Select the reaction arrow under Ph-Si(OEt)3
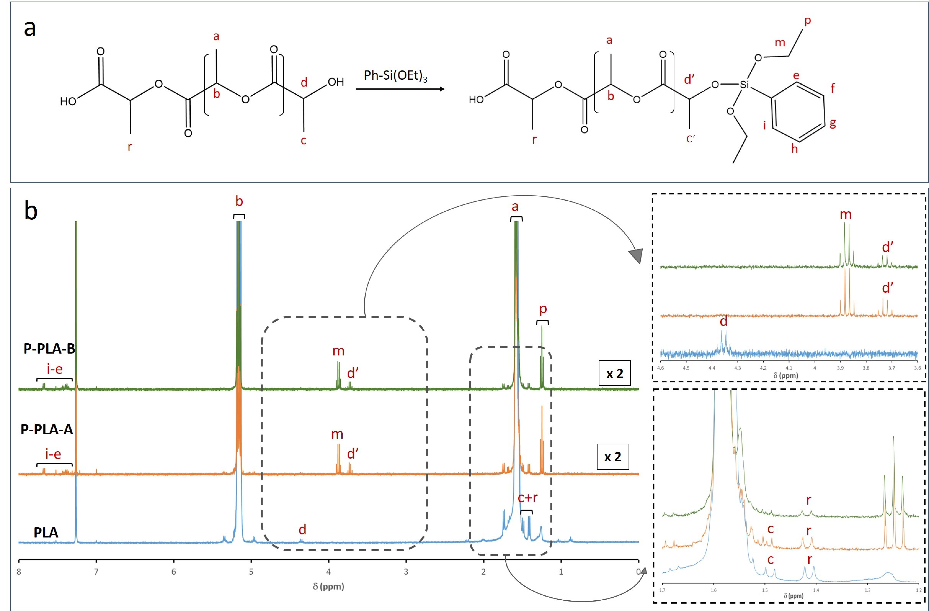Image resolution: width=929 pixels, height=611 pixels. [x=400, y=89]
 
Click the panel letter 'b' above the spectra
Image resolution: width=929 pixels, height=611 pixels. [x=31, y=211]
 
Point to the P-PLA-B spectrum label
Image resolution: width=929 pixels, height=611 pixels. [x=49, y=348]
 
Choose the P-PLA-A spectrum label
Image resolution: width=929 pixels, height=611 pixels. [x=47, y=429]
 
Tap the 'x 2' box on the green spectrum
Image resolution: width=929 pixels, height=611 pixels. [x=615, y=373]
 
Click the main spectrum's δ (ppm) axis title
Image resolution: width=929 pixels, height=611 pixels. [x=328, y=586]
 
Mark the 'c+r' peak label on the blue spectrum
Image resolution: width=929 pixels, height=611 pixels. [x=528, y=498]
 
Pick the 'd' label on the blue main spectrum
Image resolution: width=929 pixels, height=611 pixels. [x=302, y=530]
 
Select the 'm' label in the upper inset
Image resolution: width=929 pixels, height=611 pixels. [x=845, y=214]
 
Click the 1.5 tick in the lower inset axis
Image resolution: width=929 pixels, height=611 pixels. [x=765, y=590]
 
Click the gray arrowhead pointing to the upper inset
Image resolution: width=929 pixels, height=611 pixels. [x=636, y=256]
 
